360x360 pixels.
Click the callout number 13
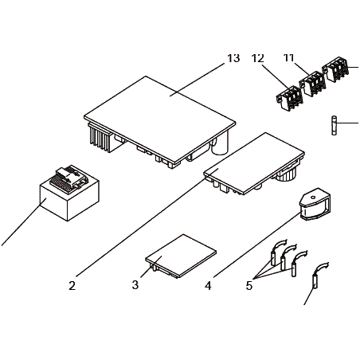pyautogui.click(x=233, y=58)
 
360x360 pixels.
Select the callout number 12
pyautogui.click(x=258, y=58)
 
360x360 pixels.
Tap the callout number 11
pyautogui.click(x=288, y=57)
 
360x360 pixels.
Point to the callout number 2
pyautogui.click(x=72, y=286)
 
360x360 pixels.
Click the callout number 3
pyautogui.click(x=135, y=285)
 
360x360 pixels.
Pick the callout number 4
pyautogui.click(x=208, y=286)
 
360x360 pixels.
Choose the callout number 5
pyautogui.click(x=249, y=286)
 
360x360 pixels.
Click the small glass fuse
pyautogui.click(x=335, y=125)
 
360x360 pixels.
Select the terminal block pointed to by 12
pyautogui.click(x=289, y=97)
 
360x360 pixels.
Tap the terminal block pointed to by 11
pyautogui.click(x=312, y=84)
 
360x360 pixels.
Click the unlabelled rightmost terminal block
pyautogui.click(x=335, y=69)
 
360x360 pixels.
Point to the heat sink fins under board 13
pyautogui.click(x=100, y=138)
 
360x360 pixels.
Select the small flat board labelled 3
pyautogui.click(x=181, y=256)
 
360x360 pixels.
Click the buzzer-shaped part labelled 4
pyautogui.click(x=315, y=204)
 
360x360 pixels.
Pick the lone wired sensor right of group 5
pyautogui.click(x=319, y=276)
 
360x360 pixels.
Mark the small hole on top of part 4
pyautogui.click(x=313, y=198)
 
